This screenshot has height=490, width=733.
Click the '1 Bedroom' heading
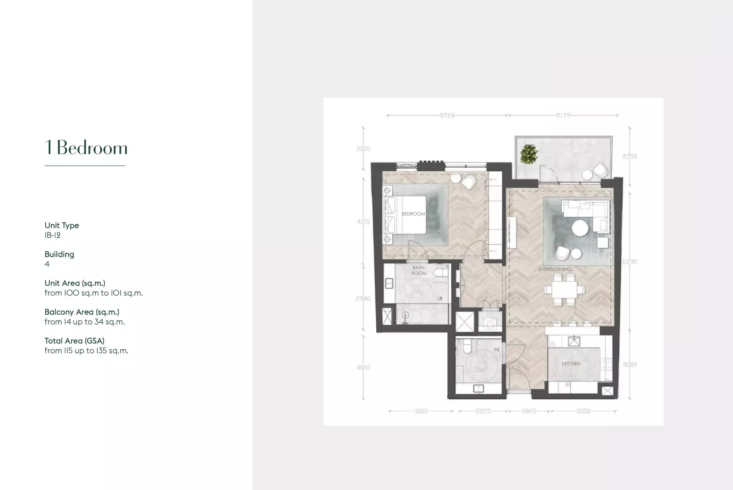click(86, 148)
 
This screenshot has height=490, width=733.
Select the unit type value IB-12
click(52, 235)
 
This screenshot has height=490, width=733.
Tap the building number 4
click(47, 264)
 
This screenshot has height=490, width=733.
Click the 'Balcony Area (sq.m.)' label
click(82, 312)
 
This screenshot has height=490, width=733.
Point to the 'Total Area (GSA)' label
click(74, 340)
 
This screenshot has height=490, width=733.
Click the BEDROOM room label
click(413, 214)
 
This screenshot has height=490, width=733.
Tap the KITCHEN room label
click(571, 364)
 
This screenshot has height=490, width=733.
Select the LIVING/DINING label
click(554, 269)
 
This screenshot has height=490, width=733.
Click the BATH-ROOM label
click(418, 270)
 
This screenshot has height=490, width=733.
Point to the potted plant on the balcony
click(529, 154)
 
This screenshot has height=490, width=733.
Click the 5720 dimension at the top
click(447, 115)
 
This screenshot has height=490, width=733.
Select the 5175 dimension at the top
click(563, 115)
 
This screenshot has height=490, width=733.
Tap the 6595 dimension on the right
click(629, 262)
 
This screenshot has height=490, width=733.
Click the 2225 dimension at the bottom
click(483, 411)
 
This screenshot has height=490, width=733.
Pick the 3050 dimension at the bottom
click(583, 411)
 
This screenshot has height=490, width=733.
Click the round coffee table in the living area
click(580, 229)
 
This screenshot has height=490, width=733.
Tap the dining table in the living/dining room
click(564, 290)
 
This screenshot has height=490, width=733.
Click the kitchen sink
click(574, 341)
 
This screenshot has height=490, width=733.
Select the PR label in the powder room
click(497, 350)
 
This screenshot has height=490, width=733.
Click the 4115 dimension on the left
click(363, 221)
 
